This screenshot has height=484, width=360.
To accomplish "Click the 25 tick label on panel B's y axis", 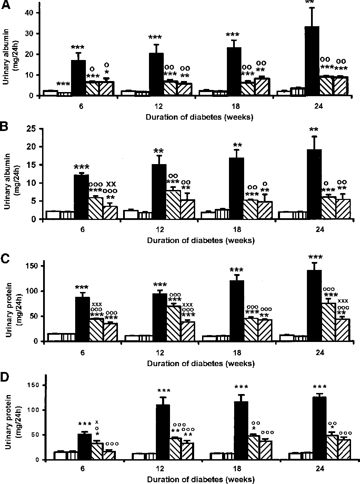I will click(x=32, y=129).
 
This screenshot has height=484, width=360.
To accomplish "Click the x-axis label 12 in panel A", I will click(x=159, y=107).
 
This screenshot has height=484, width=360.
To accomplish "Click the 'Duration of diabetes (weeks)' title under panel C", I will click(x=201, y=363).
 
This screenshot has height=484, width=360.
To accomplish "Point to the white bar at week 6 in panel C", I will click(x=54, y=337).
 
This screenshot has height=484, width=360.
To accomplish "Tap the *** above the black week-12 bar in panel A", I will click(x=156, y=37).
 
